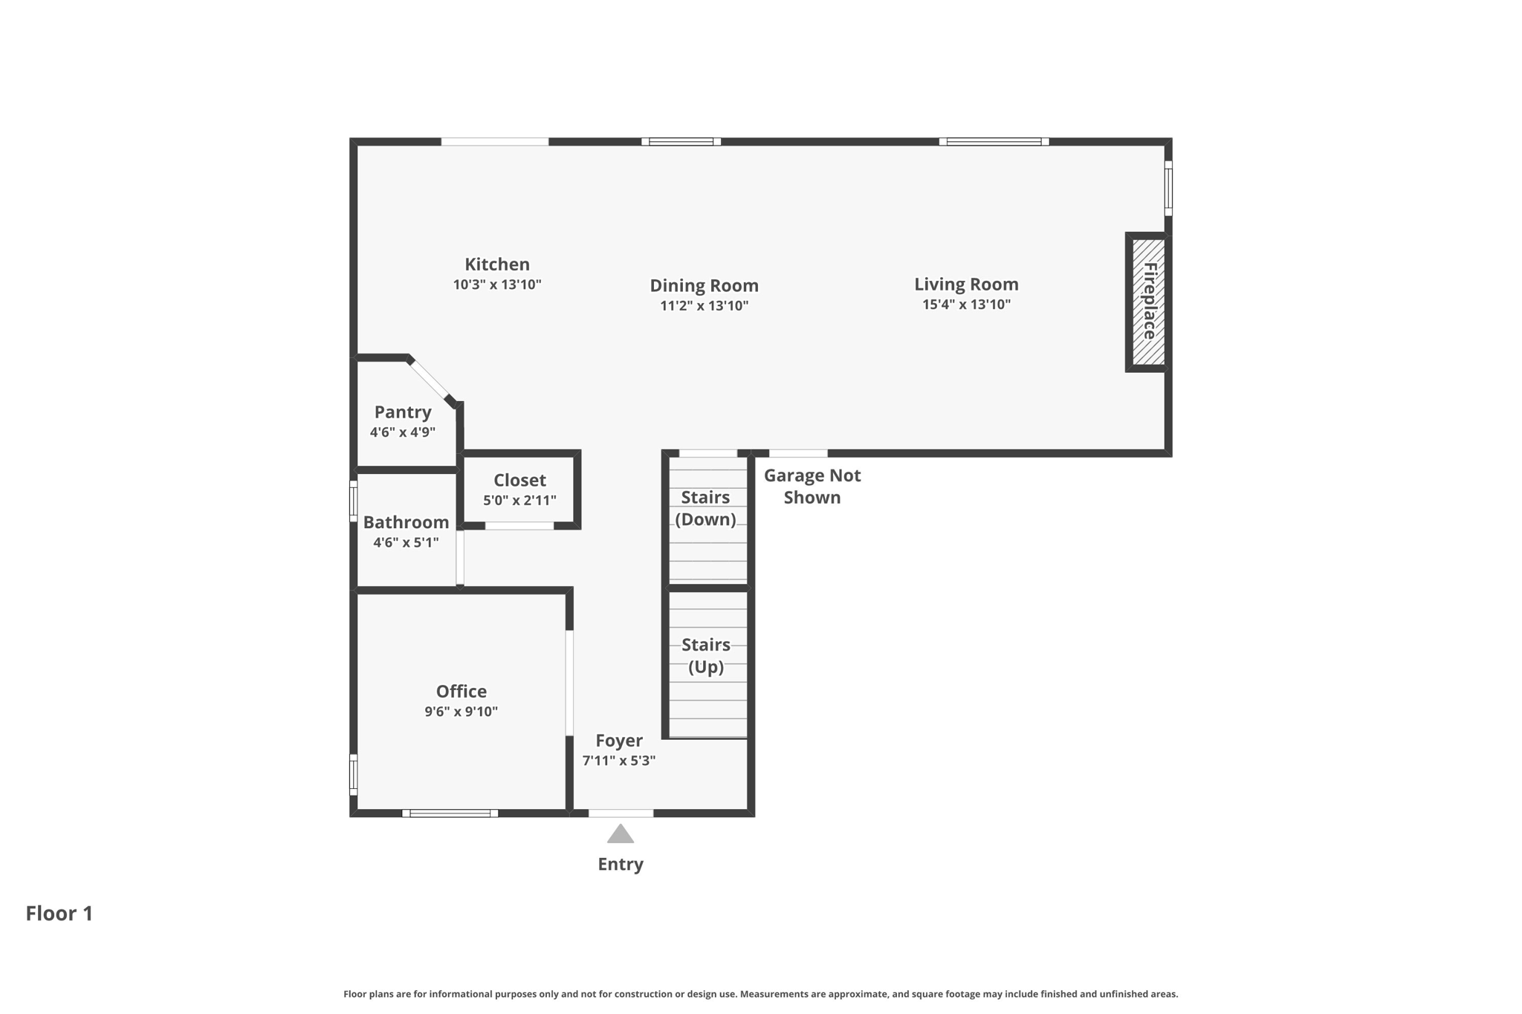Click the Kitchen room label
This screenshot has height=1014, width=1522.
click(x=496, y=264)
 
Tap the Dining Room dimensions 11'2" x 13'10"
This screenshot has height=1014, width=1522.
click(x=704, y=306)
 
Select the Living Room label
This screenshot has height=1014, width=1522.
click(x=965, y=285)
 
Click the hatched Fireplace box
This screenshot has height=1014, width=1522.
click(x=1148, y=302)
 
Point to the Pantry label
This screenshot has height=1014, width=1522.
click(x=402, y=412)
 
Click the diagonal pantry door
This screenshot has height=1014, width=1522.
click(x=431, y=380)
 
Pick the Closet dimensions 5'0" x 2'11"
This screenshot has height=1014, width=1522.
click(x=519, y=501)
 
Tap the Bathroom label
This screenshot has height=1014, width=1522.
click(x=406, y=522)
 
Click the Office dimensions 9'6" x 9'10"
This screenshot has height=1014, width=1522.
click(x=461, y=712)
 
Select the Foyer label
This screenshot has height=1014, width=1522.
click(x=618, y=741)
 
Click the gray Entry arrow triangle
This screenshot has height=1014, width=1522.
click(x=620, y=835)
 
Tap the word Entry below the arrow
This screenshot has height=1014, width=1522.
click(x=620, y=864)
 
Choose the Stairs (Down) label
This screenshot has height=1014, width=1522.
click(x=705, y=508)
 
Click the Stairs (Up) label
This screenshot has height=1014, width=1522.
click(x=705, y=655)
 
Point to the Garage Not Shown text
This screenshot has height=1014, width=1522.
click(x=812, y=487)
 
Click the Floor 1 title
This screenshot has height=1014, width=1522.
click(x=59, y=914)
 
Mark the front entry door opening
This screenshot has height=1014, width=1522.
click(x=621, y=813)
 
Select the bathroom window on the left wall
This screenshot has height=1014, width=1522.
click(x=354, y=501)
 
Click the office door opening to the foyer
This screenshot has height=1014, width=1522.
click(x=569, y=683)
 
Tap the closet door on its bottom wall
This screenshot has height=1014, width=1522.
click(x=519, y=526)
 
